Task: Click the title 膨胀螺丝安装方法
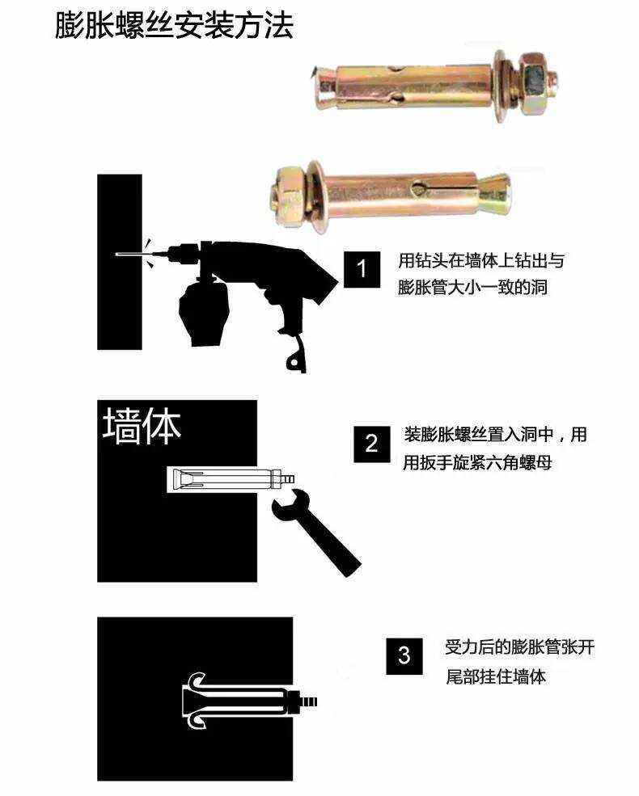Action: coord(174,26)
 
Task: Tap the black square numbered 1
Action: coord(362,269)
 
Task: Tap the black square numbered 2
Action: coord(371,443)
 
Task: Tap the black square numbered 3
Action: coord(404,655)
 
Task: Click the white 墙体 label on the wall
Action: coord(142,427)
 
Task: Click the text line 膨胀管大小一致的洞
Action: coord(472,287)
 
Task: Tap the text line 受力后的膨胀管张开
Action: coord(519,647)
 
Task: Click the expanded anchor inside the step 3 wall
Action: coord(243,697)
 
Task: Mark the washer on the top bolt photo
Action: coord(506,81)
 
